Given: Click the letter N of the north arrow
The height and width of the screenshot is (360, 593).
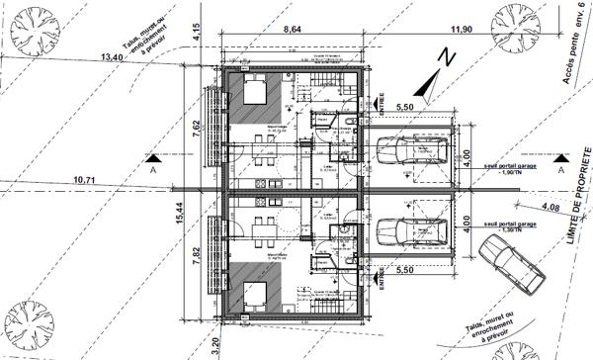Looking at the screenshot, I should point(446,58).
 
